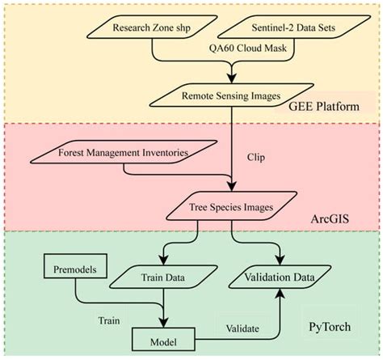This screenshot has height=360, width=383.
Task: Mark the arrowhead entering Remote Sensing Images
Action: tap(234, 81)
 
